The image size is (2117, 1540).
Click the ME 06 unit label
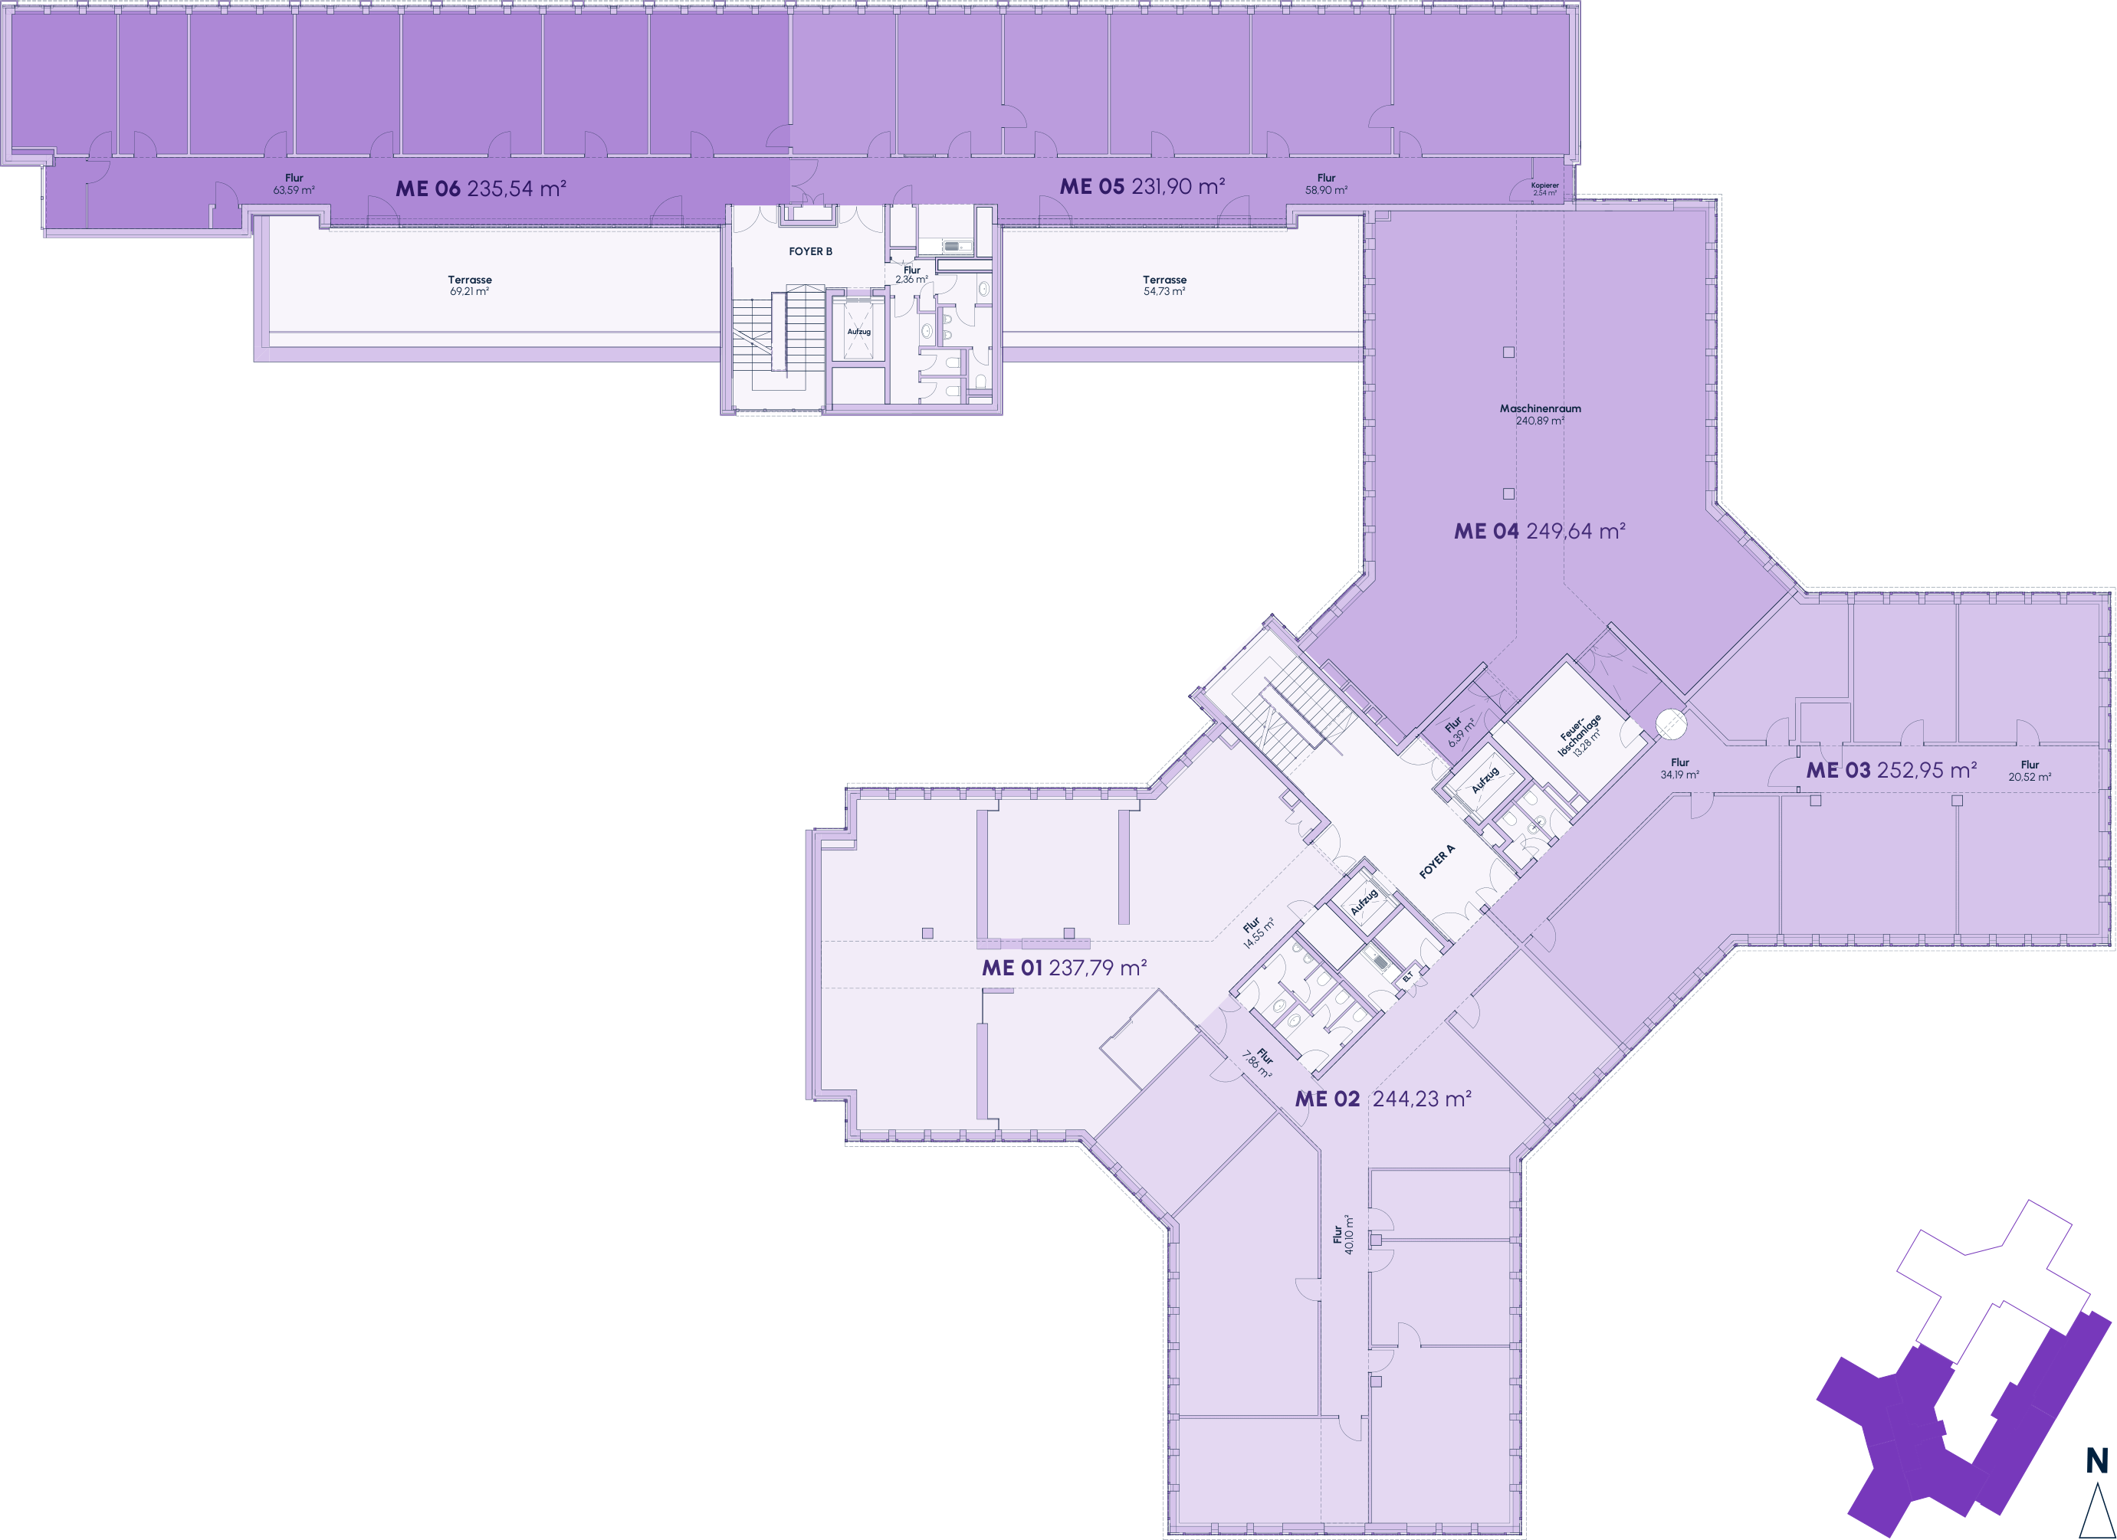481,188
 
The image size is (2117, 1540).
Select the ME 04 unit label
1540,531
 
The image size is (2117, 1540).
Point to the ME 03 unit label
1891,770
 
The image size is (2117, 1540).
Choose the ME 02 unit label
1383,1099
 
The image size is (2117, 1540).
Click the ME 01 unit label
1064,968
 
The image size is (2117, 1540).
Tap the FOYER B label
810,251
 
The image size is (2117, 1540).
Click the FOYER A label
1436,861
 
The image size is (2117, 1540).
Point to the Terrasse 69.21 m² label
470,286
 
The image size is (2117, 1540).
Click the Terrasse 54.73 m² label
1165,286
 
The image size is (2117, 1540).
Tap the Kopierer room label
1544,188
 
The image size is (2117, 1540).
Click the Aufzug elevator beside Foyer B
858,331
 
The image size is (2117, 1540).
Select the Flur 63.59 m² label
294,184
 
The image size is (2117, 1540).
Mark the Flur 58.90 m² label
1327,184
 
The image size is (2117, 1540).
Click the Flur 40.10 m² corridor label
1343,1234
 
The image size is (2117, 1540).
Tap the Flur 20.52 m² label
2030,771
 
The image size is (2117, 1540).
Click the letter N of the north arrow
2096,1460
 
